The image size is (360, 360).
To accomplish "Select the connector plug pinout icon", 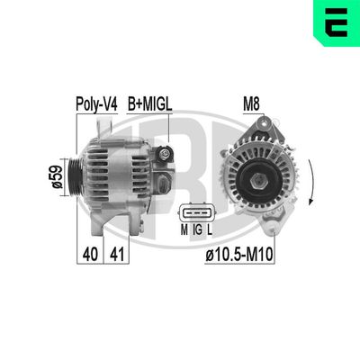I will pos(195,213).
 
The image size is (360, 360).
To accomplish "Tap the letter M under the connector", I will pos(184,231).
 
